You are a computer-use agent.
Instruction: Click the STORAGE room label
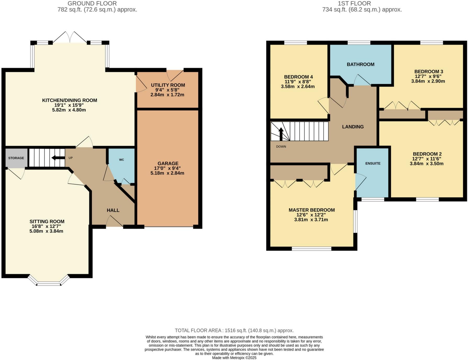pos(16,158)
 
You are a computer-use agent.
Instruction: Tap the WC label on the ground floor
pos(121,160)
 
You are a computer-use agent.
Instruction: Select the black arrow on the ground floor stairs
pos(58,158)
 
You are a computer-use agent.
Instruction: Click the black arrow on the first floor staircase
pos(281,134)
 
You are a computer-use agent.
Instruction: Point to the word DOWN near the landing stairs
pos(281,147)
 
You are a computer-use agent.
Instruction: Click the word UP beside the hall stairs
pos(71,158)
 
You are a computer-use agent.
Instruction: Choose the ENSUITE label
pos(373,163)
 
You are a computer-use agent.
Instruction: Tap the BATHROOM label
pos(360,64)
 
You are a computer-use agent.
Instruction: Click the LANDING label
pos(353,127)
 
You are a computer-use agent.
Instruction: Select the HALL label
pos(113,210)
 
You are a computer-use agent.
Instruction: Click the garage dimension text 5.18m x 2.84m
pos(167,173)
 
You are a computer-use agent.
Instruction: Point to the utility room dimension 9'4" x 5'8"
pos(167,90)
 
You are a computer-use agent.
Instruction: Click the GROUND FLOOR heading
pos(92,3)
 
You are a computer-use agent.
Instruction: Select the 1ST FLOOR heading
pos(354,3)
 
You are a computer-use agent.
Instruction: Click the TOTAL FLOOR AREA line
pos(234,330)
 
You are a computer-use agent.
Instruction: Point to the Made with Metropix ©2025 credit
pos(234,358)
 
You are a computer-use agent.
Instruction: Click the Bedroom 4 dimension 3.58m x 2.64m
pos(298,86)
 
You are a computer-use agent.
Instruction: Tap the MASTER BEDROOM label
pos(312,210)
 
